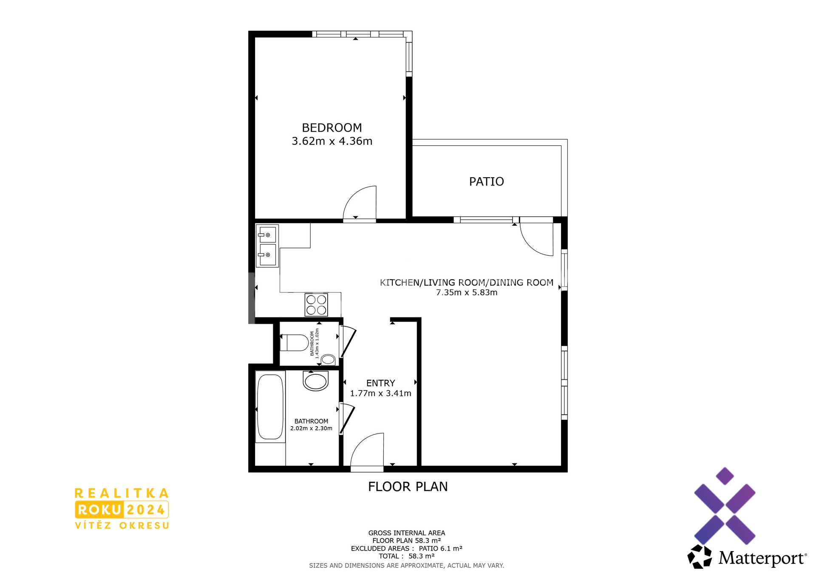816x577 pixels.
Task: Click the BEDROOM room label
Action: [x=332, y=127]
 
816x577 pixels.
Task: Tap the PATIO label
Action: [x=487, y=181]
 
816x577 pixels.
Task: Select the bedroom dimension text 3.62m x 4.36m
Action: [x=332, y=141]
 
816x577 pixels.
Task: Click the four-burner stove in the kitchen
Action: [x=316, y=305]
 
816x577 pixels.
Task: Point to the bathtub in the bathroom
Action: [x=270, y=407]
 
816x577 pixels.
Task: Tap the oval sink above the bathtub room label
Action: [x=315, y=381]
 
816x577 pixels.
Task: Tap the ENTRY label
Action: [x=381, y=383]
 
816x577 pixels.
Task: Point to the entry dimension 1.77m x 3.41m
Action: [x=381, y=393]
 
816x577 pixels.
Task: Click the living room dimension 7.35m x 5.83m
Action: [x=467, y=292]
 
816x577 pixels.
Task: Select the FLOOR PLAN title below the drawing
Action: [x=408, y=486]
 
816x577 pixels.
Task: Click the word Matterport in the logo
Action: [x=762, y=558]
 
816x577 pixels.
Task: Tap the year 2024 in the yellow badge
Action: [x=146, y=509]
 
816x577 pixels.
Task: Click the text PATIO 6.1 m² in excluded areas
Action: [x=441, y=549]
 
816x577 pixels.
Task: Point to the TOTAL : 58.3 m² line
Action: [x=407, y=556]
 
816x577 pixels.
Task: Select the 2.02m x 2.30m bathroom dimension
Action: [x=312, y=428]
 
